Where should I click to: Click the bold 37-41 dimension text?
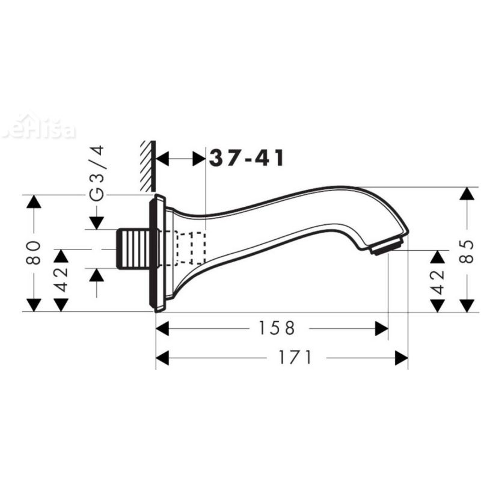pos(247,159)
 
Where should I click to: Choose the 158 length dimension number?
pos(278,328)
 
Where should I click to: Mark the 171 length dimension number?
pos(295,358)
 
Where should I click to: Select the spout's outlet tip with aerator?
pos(387,247)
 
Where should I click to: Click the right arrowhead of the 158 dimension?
pos(381,328)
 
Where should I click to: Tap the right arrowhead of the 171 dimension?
pos(401,358)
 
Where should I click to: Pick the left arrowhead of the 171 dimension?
pos(163,358)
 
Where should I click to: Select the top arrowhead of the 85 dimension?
pos(467,195)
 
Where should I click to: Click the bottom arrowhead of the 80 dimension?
pos(34,304)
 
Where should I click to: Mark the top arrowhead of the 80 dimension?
pos(34,202)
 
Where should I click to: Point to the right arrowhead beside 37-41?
pos(198,159)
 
